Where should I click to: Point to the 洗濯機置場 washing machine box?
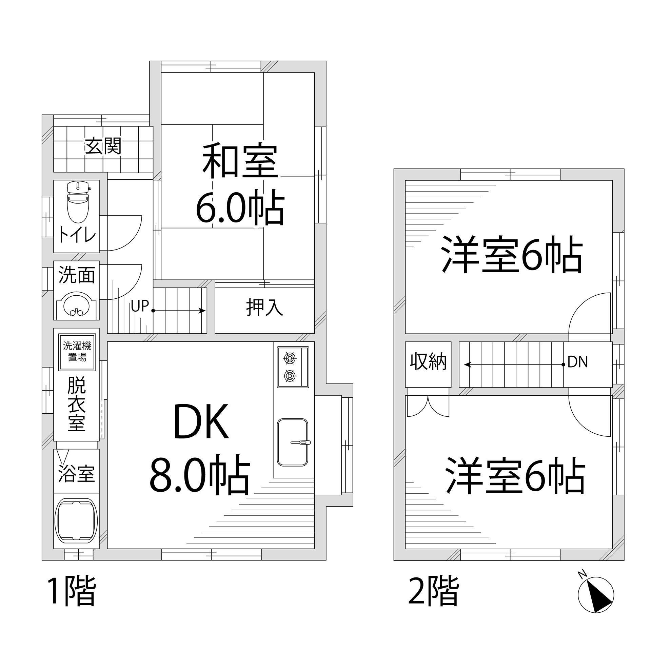point(77,352)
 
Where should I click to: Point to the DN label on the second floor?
point(577,362)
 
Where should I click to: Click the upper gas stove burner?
point(290,358)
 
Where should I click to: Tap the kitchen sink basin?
point(293,442)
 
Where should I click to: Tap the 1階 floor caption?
point(71,592)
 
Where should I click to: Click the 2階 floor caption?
point(433,592)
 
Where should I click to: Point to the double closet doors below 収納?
point(428,406)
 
